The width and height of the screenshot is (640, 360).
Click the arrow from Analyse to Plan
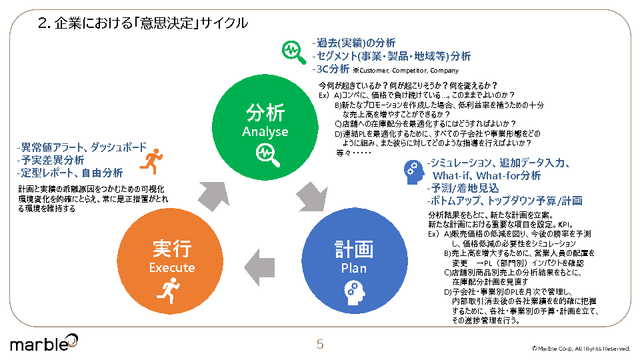[x=309, y=197]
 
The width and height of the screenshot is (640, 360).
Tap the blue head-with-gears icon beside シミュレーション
[x=413, y=171]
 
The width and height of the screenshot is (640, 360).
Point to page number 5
[x=320, y=345]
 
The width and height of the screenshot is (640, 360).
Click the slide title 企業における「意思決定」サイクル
[x=143, y=23]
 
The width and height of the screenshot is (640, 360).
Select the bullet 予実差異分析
[x=51, y=160]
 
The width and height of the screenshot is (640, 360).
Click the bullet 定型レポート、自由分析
[x=70, y=173]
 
